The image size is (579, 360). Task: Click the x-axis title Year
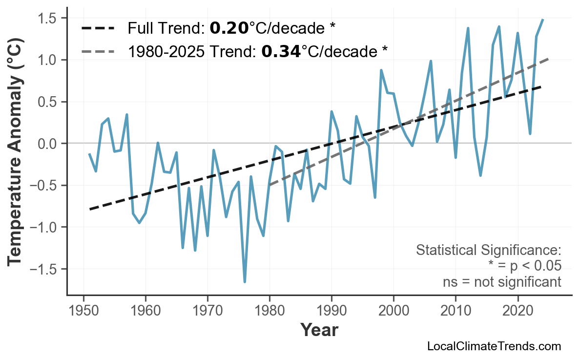point(319,330)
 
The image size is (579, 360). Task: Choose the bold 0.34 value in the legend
point(281,50)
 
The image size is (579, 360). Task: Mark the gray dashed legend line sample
point(97,50)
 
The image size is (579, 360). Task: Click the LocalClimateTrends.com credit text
point(494,346)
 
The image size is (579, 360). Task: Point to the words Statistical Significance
point(488,251)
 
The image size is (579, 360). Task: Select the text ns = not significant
point(501,282)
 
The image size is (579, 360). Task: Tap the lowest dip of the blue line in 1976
point(245,282)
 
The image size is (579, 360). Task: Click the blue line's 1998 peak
point(381,70)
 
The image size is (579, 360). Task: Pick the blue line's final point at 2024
point(542,20)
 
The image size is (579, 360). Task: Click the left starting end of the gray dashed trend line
point(269,185)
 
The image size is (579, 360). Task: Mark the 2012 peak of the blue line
point(468,28)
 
